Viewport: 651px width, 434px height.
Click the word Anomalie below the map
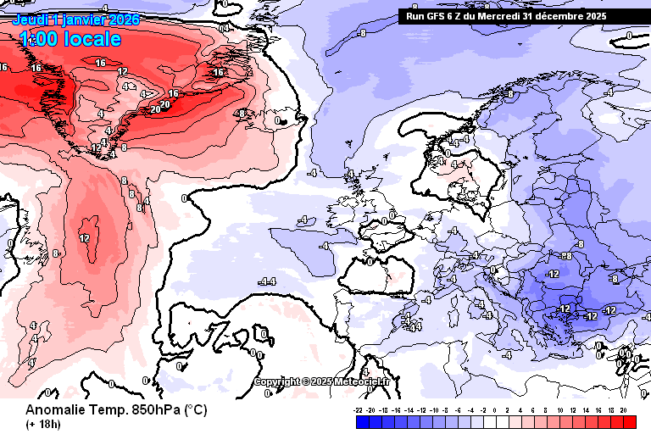pos(54,409)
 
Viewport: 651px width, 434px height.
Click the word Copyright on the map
pos(279,381)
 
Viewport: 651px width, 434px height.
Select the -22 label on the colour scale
pos(359,409)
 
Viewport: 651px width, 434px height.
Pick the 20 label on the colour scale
pos(623,409)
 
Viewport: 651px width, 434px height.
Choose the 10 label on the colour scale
pos(559,409)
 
